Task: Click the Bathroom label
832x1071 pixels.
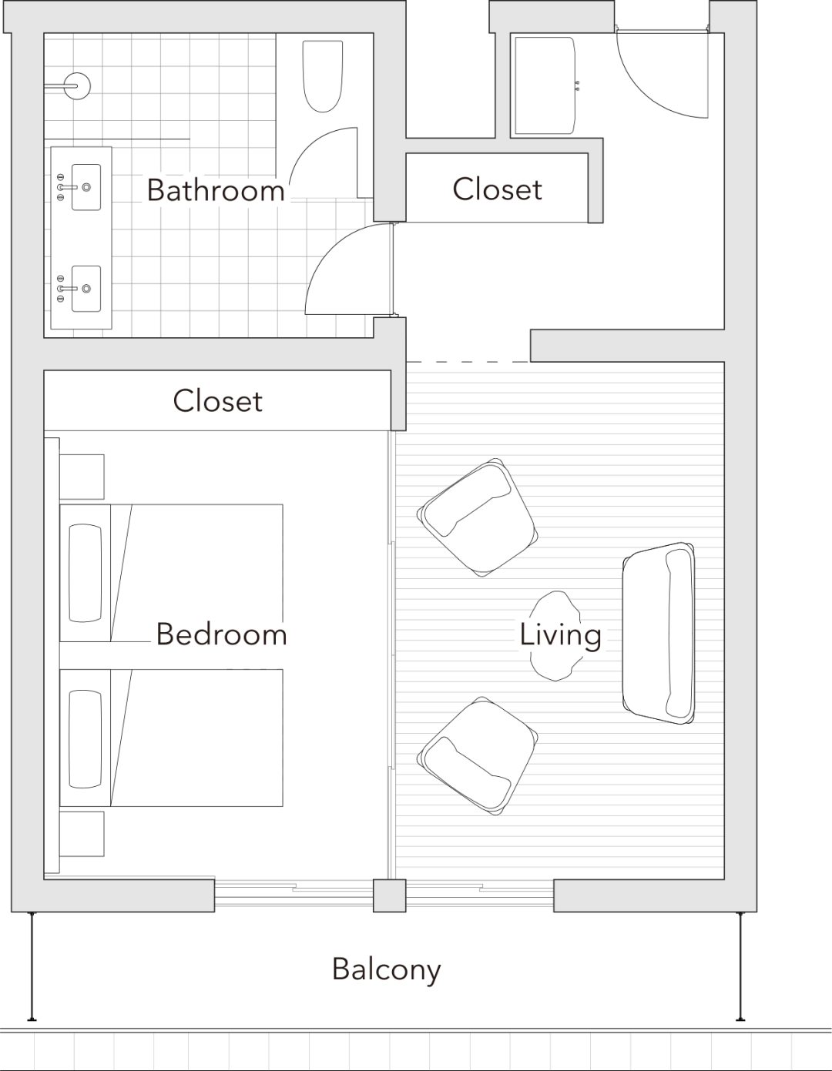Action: click(216, 190)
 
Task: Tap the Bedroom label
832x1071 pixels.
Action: click(222, 634)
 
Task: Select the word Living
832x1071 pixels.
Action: click(560, 634)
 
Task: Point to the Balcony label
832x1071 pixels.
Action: click(387, 969)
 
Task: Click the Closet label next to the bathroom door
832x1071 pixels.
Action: click(498, 189)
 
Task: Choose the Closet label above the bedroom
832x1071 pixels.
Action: click(217, 400)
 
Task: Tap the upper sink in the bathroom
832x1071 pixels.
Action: click(86, 186)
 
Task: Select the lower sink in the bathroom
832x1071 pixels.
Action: click(86, 289)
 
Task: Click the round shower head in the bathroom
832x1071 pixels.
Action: click(77, 86)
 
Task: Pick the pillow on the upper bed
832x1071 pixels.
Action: click(85, 573)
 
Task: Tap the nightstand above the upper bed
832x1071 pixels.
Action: click(82, 477)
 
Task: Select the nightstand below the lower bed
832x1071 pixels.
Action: click(82, 834)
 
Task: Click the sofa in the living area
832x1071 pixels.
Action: click(659, 633)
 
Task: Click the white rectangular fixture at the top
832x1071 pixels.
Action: click(545, 86)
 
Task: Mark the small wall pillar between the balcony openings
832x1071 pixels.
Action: click(389, 895)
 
